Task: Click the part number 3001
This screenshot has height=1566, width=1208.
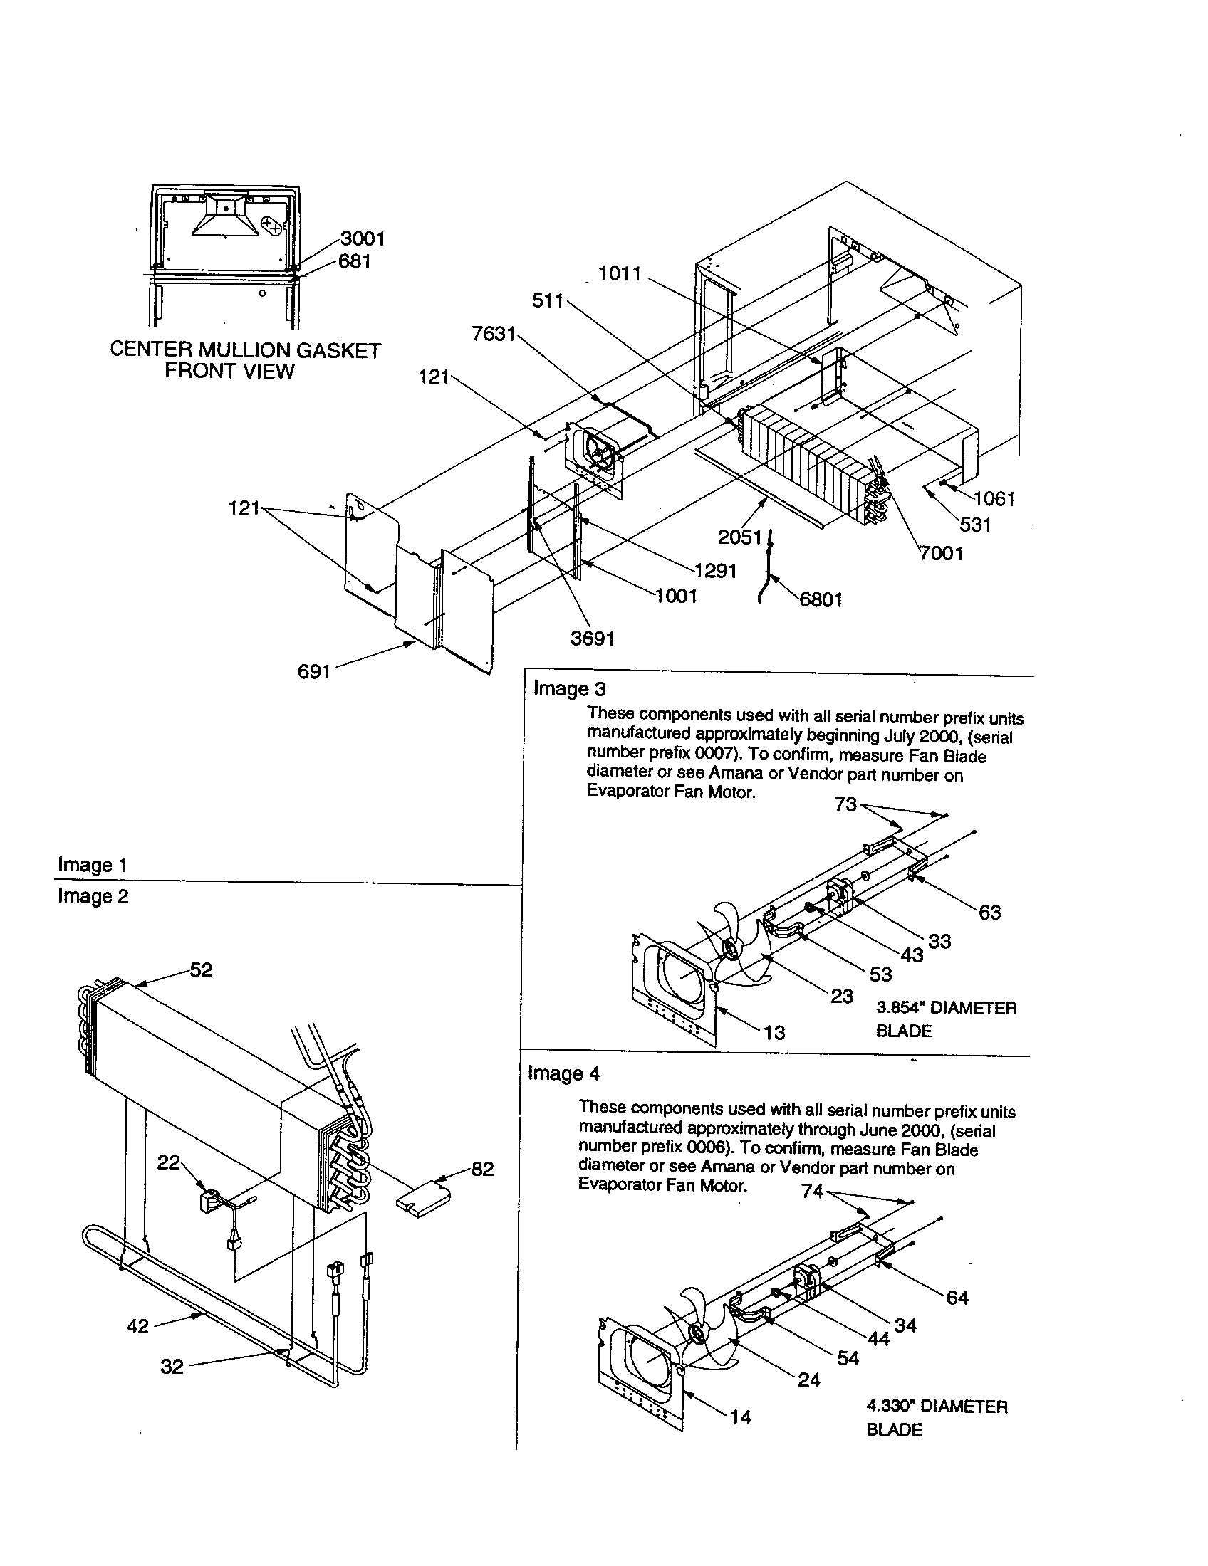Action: point(363,238)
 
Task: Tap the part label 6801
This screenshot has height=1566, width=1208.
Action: point(821,599)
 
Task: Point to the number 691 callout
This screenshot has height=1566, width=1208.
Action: point(313,671)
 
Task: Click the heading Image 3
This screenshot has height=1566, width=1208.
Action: point(570,689)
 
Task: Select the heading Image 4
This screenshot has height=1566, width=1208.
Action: point(564,1073)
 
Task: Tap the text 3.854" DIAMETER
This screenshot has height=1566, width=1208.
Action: point(946,1007)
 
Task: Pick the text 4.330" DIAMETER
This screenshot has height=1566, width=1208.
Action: point(937,1406)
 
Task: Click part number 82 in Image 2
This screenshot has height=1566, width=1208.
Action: point(482,1169)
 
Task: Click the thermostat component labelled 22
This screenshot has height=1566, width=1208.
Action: point(209,1199)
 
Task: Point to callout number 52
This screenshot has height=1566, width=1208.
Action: point(201,970)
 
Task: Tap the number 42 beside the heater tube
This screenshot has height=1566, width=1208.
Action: point(137,1326)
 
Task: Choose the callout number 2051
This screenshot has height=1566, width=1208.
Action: point(739,537)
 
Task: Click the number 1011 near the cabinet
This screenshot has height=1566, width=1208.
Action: point(620,274)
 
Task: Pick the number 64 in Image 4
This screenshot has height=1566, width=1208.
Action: point(957,1297)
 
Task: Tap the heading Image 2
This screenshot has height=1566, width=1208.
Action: point(93,897)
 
